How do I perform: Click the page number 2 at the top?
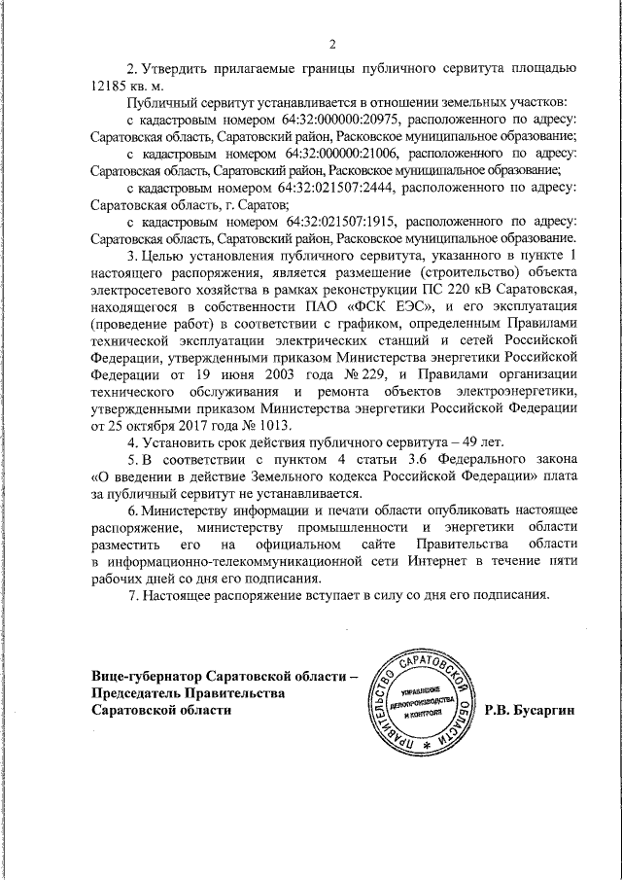point(331,44)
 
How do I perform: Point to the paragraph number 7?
point(131,595)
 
